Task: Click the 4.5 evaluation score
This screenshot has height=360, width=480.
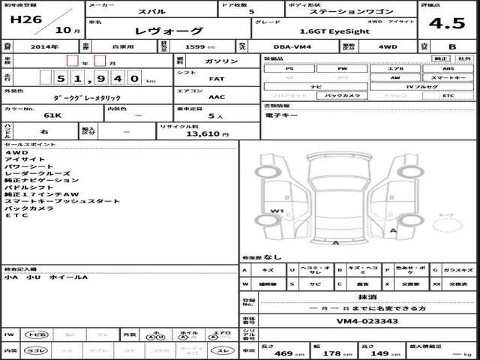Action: pos(451,22)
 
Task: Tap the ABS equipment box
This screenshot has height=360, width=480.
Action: pos(448,68)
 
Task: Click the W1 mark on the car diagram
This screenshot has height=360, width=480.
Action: pos(277,211)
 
